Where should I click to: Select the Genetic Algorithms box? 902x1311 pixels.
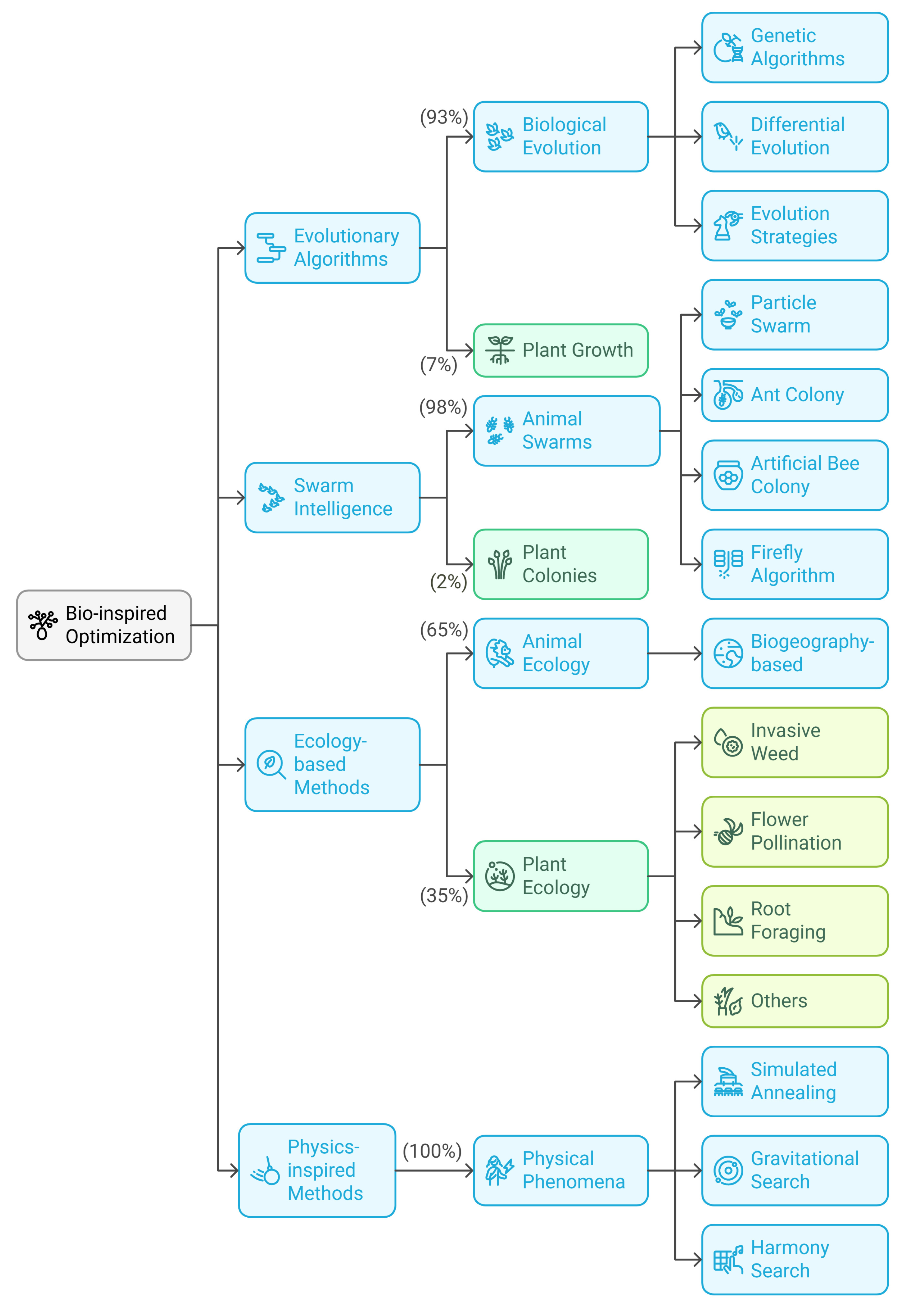[794, 48]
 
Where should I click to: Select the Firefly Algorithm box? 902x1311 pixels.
[794, 564]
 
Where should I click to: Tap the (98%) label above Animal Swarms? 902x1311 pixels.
[443, 407]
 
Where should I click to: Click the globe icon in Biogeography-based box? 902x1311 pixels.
[728, 654]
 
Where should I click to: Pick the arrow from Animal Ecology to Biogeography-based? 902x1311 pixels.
[675, 654]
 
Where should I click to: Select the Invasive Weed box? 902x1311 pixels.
[794, 742]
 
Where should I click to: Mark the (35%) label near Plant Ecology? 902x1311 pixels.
[444, 896]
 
